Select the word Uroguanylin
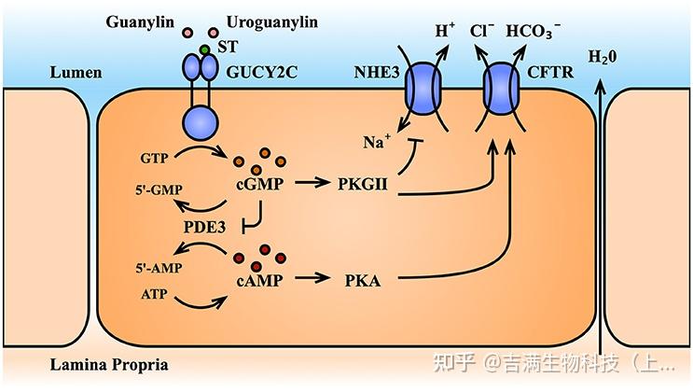[x=265, y=21]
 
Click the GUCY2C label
[x=264, y=71]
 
